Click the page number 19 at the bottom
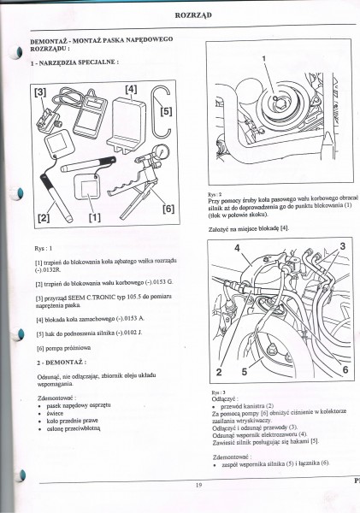pyautogui.click(x=198, y=485)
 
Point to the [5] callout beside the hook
pyautogui.click(x=165, y=110)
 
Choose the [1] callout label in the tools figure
pyautogui.click(x=94, y=218)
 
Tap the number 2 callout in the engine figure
pyautogui.click(x=219, y=373)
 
